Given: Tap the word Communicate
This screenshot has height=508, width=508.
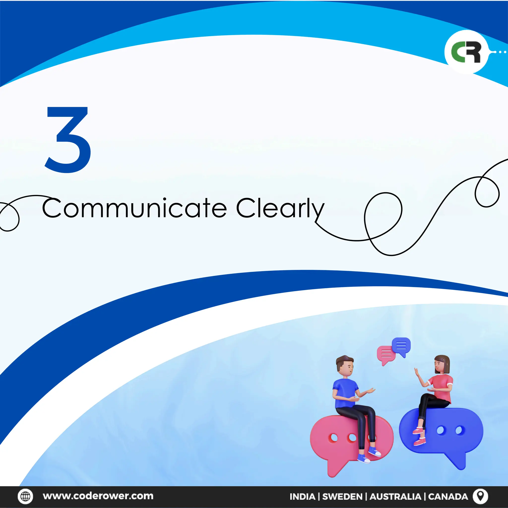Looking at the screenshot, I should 134,208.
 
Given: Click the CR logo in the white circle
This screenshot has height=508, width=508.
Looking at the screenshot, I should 466,52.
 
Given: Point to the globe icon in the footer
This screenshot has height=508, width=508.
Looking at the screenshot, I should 25,496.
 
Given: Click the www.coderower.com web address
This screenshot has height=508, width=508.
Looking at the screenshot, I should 98,496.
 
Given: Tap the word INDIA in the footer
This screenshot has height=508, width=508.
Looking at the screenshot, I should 302,496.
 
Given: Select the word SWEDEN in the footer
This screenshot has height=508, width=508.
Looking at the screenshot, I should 342,496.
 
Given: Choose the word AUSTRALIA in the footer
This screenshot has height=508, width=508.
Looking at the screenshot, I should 395,496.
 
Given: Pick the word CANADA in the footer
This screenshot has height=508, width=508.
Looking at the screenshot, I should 448,496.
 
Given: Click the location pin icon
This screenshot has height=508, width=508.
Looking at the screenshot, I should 480,496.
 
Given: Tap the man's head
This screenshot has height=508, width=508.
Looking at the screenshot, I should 345,366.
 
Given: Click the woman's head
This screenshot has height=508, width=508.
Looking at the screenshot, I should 442,364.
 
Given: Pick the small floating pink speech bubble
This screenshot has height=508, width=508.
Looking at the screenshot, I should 386,354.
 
